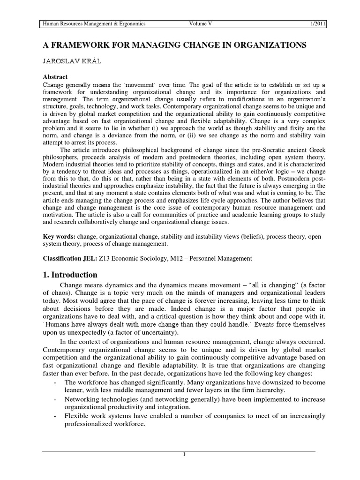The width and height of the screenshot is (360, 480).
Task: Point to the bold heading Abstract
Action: click(55, 76)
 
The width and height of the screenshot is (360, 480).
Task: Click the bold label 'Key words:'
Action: click(59, 236)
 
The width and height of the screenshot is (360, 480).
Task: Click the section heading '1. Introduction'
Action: click(70, 275)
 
